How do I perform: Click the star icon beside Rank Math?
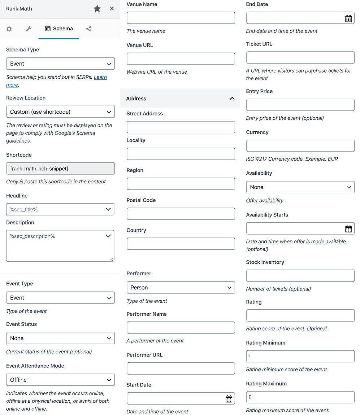pos(97,9)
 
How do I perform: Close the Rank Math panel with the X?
pos(112,9)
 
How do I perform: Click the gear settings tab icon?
pos(9,29)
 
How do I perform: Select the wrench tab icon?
pos(29,29)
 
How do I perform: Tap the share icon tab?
pos(88,29)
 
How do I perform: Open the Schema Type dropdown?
pos(60,64)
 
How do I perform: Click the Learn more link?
pos(100,77)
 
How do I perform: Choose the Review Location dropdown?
pos(60,112)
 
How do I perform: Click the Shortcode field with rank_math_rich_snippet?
pos(60,169)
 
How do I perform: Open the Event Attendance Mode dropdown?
pos(60,380)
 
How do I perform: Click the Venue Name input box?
pos(181,18)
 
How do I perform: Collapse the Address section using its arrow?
pos(232,99)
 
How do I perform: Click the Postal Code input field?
pos(181,214)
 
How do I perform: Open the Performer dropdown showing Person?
pos(181,288)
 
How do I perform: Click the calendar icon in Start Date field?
pos(229,399)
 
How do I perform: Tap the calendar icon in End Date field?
pos(348,18)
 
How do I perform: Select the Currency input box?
pos(300,146)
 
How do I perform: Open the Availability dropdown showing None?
pos(300,187)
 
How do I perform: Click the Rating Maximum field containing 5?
pos(300,397)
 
